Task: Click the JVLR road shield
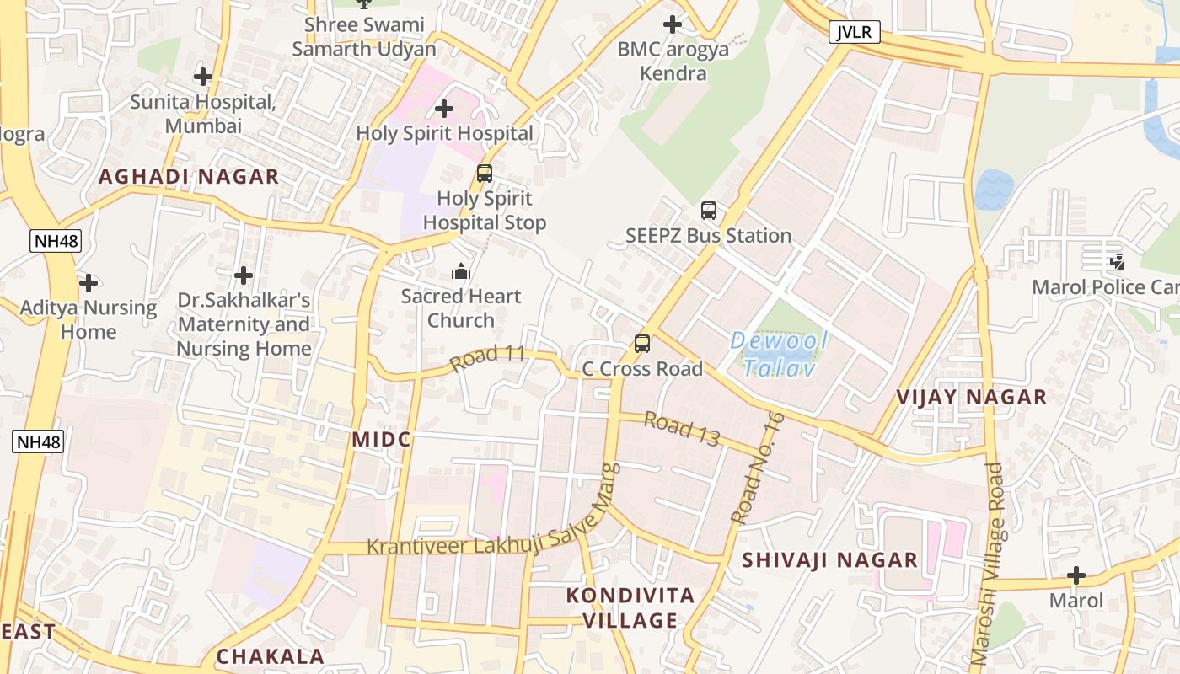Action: [x=855, y=33]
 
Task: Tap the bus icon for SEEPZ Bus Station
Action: [x=709, y=211]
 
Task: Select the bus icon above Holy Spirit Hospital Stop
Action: [x=485, y=174]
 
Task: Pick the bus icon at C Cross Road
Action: [x=642, y=344]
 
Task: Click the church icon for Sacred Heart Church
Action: [x=461, y=271]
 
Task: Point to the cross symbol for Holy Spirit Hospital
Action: [x=444, y=109]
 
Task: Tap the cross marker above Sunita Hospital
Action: [x=203, y=77]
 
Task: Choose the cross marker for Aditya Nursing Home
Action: [x=88, y=282]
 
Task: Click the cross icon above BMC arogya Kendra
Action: [x=673, y=24]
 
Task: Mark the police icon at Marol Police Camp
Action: [x=1118, y=262]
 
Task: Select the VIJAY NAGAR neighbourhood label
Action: [x=971, y=397]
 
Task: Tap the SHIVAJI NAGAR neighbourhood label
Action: [x=829, y=559]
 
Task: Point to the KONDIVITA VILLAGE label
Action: [x=630, y=608]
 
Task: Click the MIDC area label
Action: [x=381, y=439]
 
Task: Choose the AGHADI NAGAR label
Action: [x=189, y=176]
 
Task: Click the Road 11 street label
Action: [x=488, y=357]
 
